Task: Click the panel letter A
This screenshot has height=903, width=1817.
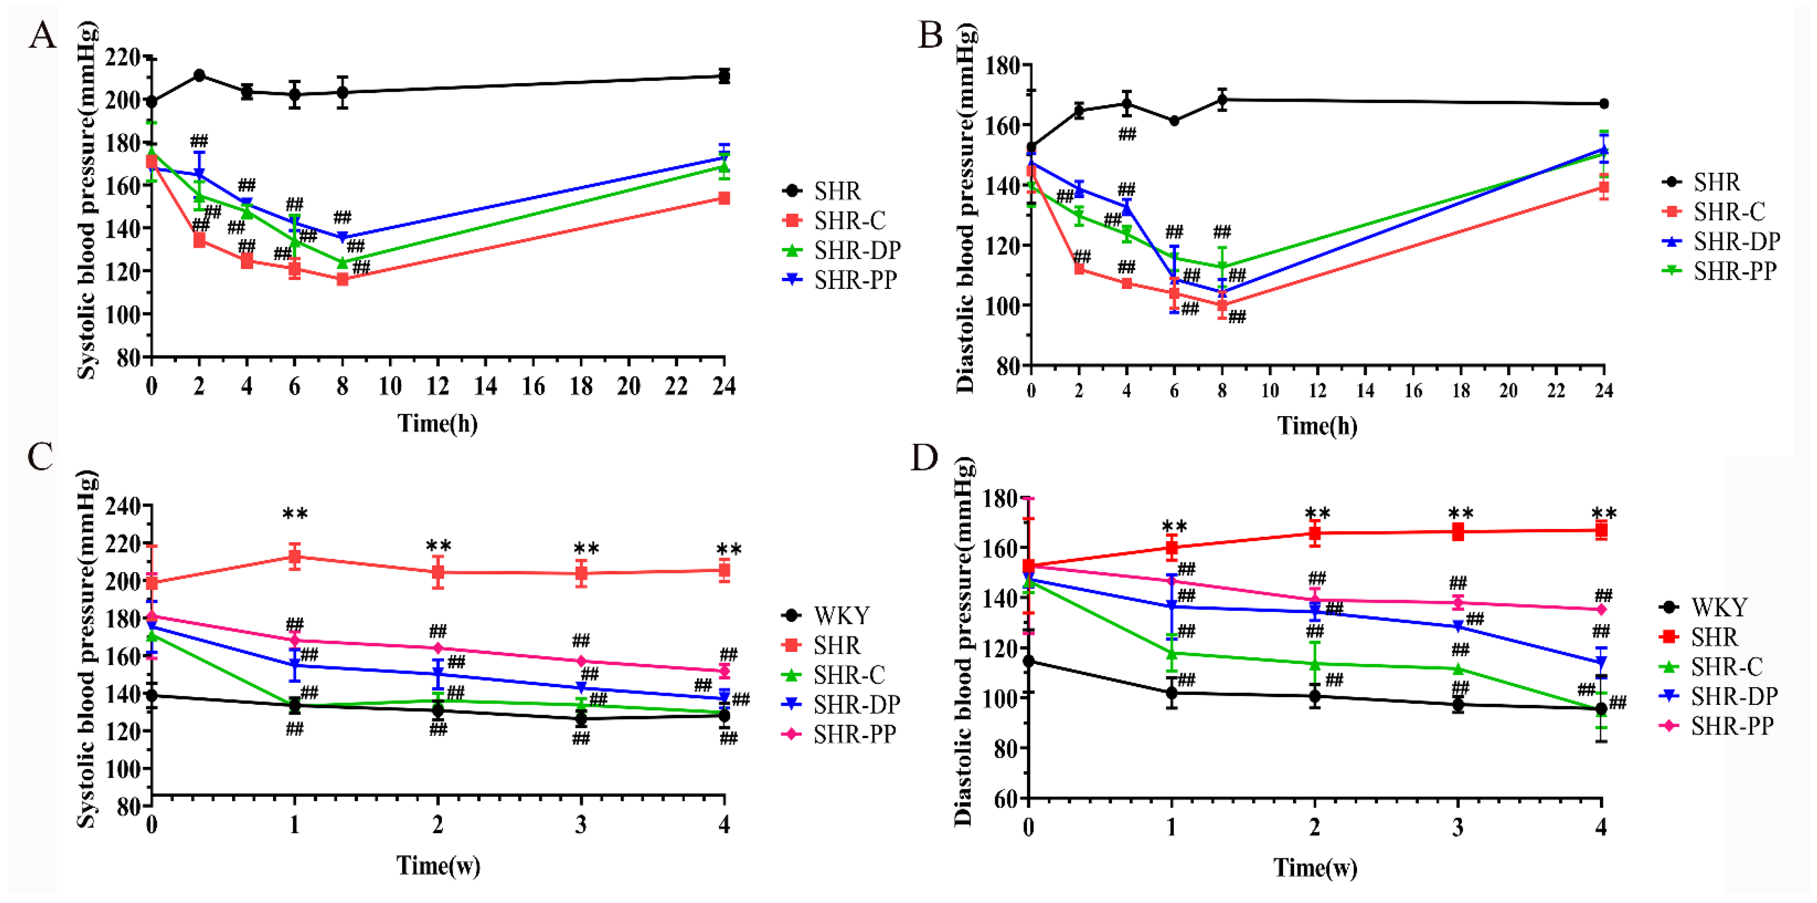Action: (x=42, y=35)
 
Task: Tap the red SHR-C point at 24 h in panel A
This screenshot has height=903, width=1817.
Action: (x=724, y=198)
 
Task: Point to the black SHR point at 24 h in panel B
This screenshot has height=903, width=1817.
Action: (x=1603, y=104)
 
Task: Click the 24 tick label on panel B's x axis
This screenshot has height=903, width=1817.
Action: (x=1603, y=391)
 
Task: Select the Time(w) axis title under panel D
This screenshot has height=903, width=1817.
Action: (x=1315, y=868)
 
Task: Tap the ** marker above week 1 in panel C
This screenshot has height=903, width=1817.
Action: (x=295, y=514)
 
